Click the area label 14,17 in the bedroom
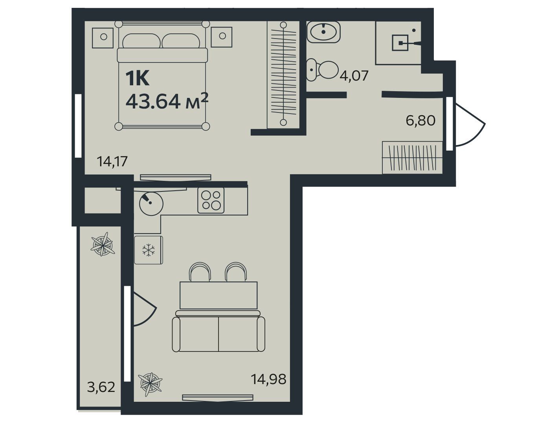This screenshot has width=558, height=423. [x=112, y=162]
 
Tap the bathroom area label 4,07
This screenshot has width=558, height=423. [x=354, y=75]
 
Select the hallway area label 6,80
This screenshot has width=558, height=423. [x=420, y=121]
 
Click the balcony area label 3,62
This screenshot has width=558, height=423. [x=101, y=387]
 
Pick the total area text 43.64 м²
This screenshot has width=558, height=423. [x=167, y=101]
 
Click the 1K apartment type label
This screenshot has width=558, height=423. [x=137, y=79]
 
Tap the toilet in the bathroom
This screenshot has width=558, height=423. [x=322, y=70]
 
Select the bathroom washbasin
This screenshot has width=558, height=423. [x=323, y=32]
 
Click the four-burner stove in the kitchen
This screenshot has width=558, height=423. [x=211, y=200]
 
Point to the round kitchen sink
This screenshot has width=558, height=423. [x=151, y=204]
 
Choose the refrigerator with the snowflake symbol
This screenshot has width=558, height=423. [x=149, y=250]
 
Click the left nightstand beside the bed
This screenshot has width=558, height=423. [x=103, y=37]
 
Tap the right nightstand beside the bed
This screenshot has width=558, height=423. [x=221, y=37]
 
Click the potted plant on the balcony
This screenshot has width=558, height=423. [x=103, y=244]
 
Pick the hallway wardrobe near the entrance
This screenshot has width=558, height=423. [x=412, y=157]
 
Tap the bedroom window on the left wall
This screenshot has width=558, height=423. [x=78, y=126]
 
